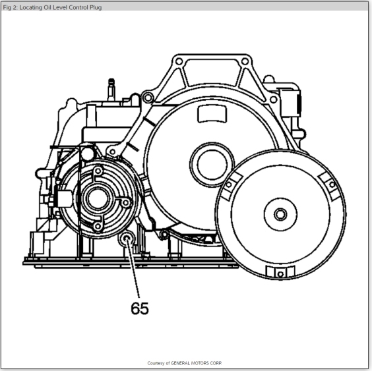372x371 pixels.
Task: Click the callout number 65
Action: [x=140, y=308]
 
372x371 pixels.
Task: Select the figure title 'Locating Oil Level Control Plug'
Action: [x=61, y=7]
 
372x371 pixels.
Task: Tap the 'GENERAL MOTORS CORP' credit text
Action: [x=196, y=363]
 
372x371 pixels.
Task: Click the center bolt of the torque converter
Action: [x=280, y=214]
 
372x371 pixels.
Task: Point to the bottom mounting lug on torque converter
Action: [x=280, y=272]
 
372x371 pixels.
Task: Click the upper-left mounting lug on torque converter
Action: [x=229, y=185]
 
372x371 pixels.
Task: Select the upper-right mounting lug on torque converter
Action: [x=331, y=185]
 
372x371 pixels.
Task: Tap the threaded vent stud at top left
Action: [x=111, y=90]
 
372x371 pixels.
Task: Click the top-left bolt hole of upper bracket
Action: [x=179, y=61]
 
